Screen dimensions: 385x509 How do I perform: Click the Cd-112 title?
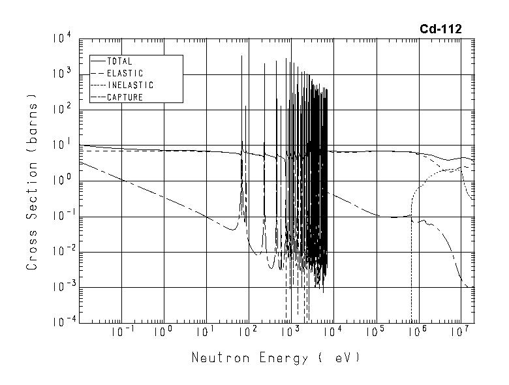pos(440,29)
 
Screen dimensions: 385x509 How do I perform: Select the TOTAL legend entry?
pos(119,62)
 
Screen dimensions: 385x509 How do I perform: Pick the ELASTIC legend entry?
pos(125,74)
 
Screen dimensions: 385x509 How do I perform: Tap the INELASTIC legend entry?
pos(130,85)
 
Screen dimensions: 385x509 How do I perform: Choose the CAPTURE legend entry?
pos(125,97)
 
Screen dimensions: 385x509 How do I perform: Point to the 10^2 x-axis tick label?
pos(248,333)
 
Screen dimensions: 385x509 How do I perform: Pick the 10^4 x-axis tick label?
pos(333,333)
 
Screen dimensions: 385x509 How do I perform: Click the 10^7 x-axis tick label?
pos(460,333)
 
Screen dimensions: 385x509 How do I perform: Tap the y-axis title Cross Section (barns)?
pos(32,181)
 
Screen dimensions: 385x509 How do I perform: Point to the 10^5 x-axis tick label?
pos(375,333)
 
